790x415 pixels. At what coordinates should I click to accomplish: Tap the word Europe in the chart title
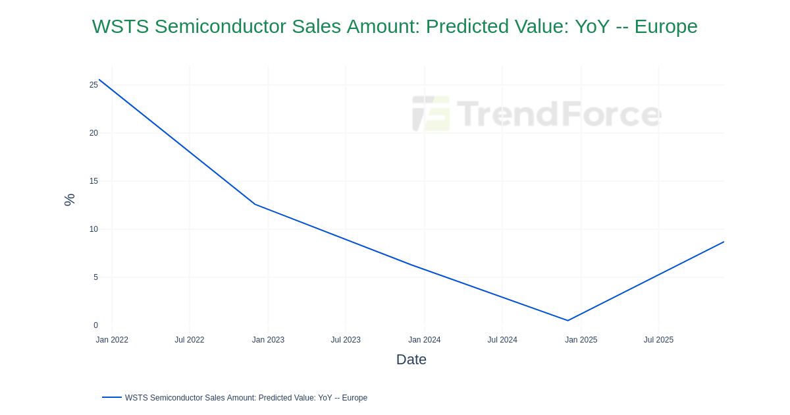666,26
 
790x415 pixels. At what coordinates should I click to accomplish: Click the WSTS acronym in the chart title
120,26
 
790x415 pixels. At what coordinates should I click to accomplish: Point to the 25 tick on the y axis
93,85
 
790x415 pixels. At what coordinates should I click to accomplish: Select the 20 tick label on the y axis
93,133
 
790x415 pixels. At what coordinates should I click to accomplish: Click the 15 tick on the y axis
93,181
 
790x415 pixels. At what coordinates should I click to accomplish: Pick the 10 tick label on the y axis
93,229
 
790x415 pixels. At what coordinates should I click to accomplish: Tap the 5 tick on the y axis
95,277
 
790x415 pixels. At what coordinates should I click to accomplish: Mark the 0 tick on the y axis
95,325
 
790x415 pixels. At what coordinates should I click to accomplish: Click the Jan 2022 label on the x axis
112,340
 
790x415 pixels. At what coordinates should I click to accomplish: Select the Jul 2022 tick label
190,340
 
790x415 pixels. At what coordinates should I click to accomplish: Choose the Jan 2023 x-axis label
268,340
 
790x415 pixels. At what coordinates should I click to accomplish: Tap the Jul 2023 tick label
346,340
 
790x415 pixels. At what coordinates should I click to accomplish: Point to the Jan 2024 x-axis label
424,340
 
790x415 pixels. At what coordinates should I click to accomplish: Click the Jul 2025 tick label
658,340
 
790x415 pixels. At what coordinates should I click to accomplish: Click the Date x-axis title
411,360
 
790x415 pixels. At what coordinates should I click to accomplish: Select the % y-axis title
69,200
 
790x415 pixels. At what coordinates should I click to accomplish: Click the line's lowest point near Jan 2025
567,321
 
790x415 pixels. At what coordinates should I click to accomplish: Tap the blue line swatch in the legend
112,397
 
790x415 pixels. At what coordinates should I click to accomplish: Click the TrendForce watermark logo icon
431,113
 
